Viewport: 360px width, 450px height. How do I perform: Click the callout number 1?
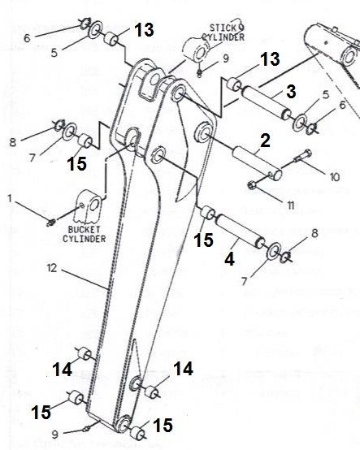point(11,198)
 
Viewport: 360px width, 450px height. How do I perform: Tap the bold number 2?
point(265,141)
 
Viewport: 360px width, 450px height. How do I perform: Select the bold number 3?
point(291,92)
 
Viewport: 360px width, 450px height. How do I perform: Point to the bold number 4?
point(230,259)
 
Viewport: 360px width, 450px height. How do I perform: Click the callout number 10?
point(335,177)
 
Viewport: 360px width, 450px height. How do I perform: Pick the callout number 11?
point(291,206)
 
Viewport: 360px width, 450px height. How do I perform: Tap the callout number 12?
point(52,268)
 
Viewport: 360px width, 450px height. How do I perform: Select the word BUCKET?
point(80,230)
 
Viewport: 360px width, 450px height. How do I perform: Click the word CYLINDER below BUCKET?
point(85,239)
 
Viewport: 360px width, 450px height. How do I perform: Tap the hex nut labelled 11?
point(252,186)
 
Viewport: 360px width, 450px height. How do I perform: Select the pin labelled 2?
point(257,163)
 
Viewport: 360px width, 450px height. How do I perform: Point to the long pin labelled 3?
point(267,103)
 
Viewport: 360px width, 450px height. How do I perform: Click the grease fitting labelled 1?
point(51,223)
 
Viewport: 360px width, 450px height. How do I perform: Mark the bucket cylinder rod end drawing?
point(89,206)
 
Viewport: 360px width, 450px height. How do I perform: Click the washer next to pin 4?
point(274,250)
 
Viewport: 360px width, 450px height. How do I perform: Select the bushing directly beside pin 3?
point(235,84)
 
